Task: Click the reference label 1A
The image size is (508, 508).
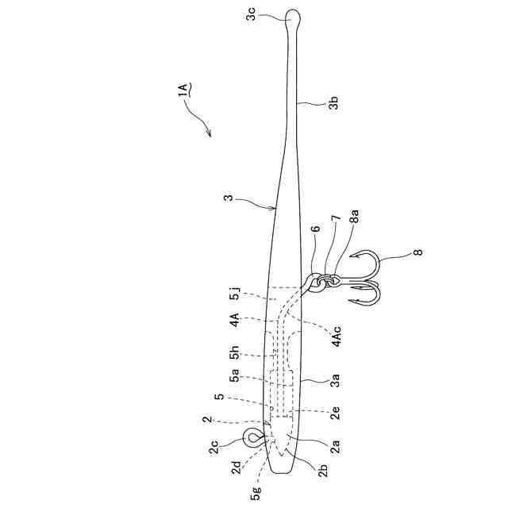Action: (x=182, y=87)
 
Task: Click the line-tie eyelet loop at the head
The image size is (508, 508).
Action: (x=253, y=437)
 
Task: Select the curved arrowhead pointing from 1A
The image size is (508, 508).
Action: (x=209, y=132)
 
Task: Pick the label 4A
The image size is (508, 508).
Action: (x=235, y=322)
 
